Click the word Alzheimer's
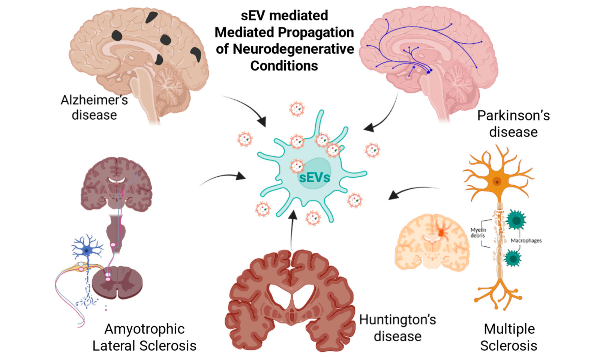pyautogui.click(x=94, y=100)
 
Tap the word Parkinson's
pyautogui.click(x=513, y=116)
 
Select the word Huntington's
pyautogui.click(x=397, y=320)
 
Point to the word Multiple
pyautogui.click(x=510, y=329)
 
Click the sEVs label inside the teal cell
pyautogui.click(x=315, y=178)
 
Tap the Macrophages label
pyautogui.click(x=526, y=240)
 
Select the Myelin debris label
pyautogui.click(x=478, y=232)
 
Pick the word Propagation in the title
pyautogui.click(x=316, y=32)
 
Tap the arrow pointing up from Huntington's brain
pyautogui.click(x=292, y=230)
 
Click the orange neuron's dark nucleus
pyautogui.click(x=497, y=182)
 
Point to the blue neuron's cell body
pyautogui.click(x=87, y=251)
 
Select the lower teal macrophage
pyautogui.click(x=513, y=258)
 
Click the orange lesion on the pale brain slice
pyautogui.click(x=441, y=232)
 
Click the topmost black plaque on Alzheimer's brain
pyautogui.click(x=151, y=17)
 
